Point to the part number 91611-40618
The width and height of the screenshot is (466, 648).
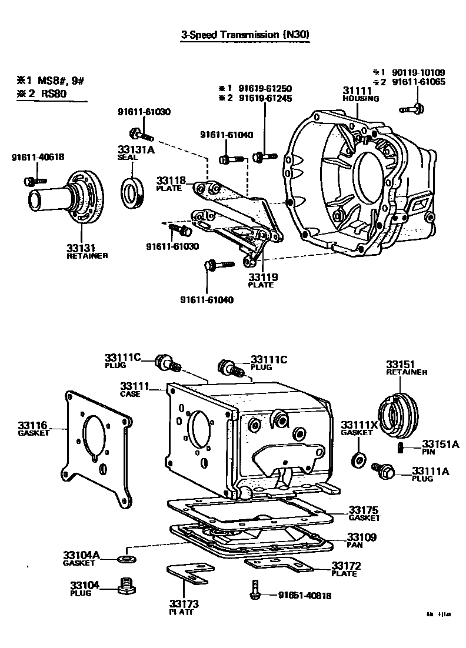(x=38, y=157)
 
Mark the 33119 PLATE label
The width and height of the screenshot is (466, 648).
(x=262, y=280)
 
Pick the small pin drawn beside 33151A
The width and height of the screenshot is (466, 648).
(x=400, y=448)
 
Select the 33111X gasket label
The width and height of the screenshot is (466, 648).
(x=357, y=428)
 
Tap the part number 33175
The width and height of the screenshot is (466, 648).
(x=363, y=510)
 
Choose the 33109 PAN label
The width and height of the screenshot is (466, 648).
(x=361, y=540)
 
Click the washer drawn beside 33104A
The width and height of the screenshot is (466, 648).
(x=124, y=556)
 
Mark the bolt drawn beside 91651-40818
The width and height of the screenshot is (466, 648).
(x=254, y=590)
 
